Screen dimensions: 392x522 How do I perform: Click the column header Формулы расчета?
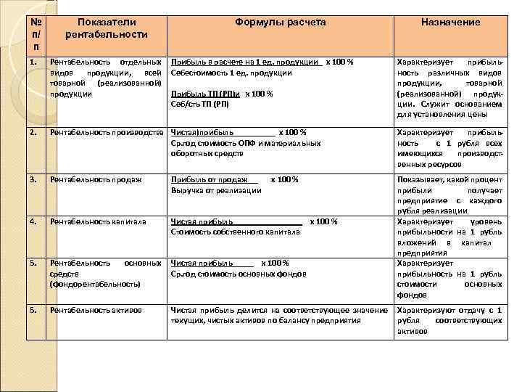coord(280,23)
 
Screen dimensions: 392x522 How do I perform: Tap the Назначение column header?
coord(450,23)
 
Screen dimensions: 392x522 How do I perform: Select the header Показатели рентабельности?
coord(106,28)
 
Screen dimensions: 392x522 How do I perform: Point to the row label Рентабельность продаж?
coord(96,179)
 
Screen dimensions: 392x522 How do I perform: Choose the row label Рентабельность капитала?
coord(98,221)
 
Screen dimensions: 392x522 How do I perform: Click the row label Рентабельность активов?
coord(96,310)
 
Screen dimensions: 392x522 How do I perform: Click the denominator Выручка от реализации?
coord(216,190)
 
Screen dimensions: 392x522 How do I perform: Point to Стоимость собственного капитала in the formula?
coord(235,232)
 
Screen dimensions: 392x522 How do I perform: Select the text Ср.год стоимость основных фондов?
coord(239,274)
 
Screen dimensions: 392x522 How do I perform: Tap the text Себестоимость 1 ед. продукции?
coord(231,73)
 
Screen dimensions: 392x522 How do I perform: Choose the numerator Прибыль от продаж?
coord(209,179)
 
